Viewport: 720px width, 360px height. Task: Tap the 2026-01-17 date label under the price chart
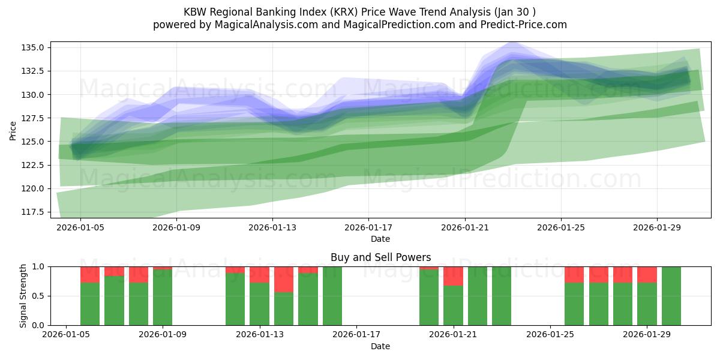[x=368, y=228]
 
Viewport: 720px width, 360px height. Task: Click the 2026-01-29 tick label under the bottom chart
[x=647, y=335]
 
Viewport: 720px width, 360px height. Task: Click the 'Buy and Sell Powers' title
[x=380, y=257]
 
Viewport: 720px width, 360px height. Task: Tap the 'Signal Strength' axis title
[x=23, y=296]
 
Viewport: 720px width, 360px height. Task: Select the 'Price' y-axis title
[x=13, y=130]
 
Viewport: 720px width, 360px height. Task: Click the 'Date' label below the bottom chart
[x=380, y=346]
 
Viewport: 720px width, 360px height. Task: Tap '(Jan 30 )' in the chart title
[x=514, y=11]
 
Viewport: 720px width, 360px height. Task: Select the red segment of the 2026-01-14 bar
[x=284, y=279]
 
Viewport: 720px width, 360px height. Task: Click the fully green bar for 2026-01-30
[x=671, y=296]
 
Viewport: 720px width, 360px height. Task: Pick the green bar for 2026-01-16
[x=332, y=296]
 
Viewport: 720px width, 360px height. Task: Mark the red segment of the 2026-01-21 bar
[x=453, y=276]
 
